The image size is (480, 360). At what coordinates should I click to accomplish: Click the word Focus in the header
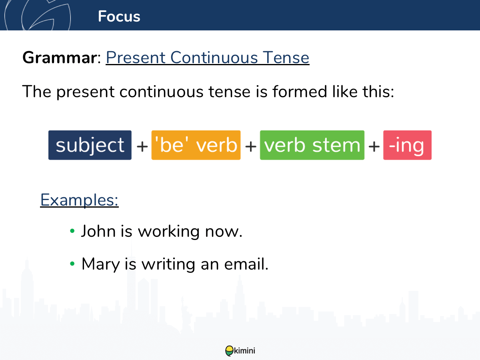tap(119, 16)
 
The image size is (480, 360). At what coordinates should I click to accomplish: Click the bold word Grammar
tap(60, 58)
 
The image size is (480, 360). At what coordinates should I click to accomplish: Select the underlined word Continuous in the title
tap(214, 58)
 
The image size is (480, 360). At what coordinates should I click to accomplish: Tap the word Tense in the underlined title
tap(286, 58)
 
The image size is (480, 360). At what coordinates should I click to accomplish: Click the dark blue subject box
tap(90, 145)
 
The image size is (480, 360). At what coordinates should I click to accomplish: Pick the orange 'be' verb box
tap(196, 145)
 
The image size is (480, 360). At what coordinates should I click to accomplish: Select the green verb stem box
tap(312, 145)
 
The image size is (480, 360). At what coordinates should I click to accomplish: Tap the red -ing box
tap(407, 145)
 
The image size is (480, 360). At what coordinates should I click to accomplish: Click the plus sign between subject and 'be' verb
tap(142, 146)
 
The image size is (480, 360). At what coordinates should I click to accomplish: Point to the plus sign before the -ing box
tap(374, 146)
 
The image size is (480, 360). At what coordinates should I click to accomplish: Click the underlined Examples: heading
tap(79, 200)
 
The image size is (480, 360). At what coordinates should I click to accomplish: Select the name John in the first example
tap(98, 231)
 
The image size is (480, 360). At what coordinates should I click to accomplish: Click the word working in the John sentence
tap(169, 232)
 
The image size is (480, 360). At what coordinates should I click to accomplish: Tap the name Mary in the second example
tap(100, 264)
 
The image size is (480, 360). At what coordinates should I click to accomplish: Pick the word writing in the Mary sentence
tap(168, 264)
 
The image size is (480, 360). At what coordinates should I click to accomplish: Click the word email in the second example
tap(246, 264)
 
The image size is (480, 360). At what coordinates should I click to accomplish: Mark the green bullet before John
tap(72, 231)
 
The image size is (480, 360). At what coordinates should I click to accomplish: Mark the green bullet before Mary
tap(72, 264)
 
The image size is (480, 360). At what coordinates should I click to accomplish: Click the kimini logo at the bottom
tap(240, 351)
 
